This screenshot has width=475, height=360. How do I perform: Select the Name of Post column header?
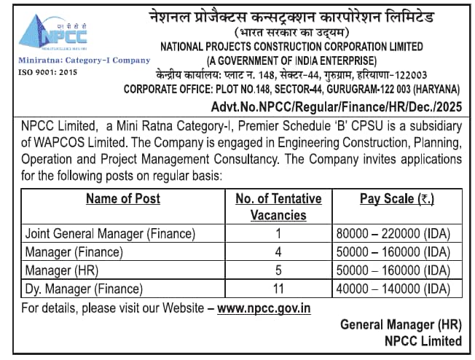122,198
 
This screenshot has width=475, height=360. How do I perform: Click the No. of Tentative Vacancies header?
278,206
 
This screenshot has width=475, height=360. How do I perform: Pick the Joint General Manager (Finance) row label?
110,234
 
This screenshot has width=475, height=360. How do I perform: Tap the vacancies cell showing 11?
278,289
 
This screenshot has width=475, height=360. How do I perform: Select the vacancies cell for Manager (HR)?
278,270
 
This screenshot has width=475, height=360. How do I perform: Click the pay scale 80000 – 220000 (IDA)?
393,234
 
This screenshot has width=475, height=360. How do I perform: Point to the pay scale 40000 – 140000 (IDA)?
393,289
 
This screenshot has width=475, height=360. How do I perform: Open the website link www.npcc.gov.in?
264,308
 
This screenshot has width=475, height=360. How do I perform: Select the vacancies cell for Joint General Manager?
278,234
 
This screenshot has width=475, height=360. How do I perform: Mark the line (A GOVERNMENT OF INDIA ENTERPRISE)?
291,60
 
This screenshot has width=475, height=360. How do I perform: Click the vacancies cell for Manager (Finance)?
278,252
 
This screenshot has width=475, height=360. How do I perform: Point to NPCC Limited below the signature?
423,341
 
